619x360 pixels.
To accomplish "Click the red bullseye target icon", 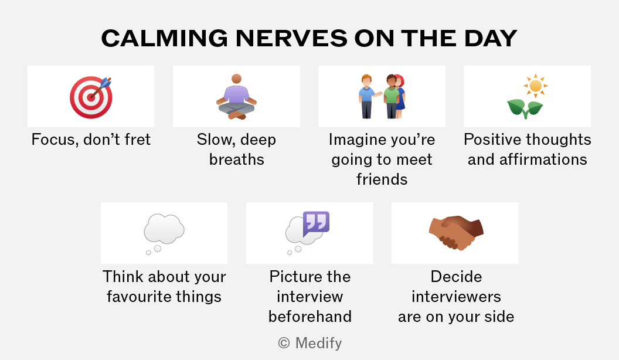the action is click(x=91, y=97).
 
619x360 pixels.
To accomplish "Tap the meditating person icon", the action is click(x=236, y=97).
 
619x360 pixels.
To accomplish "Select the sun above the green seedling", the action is click(x=535, y=86).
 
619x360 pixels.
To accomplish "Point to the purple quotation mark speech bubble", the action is click(x=316, y=224).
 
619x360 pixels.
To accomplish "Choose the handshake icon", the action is click(x=456, y=233).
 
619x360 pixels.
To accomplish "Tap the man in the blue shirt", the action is click(x=367, y=97).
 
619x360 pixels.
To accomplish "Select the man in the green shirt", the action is click(x=391, y=97).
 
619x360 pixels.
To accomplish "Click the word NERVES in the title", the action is click(x=292, y=38).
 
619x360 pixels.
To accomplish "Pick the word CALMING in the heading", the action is click(x=165, y=38).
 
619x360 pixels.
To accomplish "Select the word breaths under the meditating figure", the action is click(x=236, y=159).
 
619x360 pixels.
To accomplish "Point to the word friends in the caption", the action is click(x=382, y=179).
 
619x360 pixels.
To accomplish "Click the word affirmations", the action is click(x=543, y=159).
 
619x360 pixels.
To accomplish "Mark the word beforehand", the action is click(x=310, y=316).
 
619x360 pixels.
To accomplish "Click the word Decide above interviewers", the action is click(x=456, y=277).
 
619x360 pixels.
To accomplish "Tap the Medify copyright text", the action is click(x=310, y=343).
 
